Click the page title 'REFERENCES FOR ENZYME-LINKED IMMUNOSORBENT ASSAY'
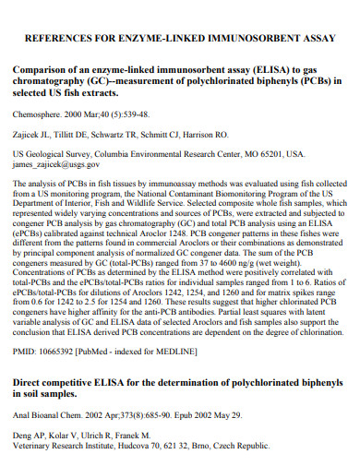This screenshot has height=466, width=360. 179,39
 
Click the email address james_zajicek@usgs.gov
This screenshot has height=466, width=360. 54,164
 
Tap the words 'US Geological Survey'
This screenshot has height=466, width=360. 47,154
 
